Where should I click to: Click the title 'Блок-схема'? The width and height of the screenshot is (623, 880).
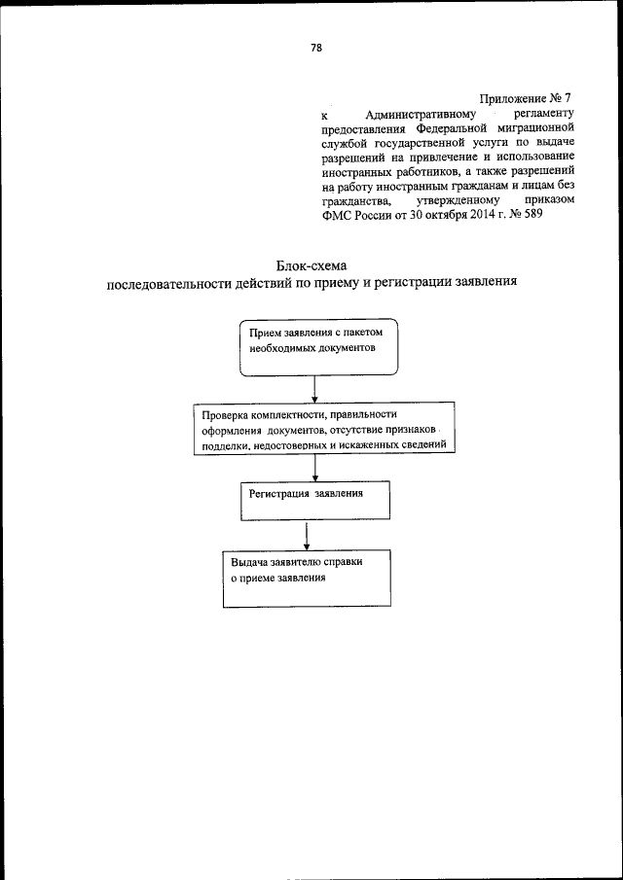point(311,264)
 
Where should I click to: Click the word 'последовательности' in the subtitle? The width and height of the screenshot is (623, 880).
point(168,284)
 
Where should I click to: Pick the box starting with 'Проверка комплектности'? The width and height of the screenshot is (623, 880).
point(322,429)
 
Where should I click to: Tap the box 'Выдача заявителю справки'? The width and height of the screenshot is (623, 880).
point(306,580)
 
